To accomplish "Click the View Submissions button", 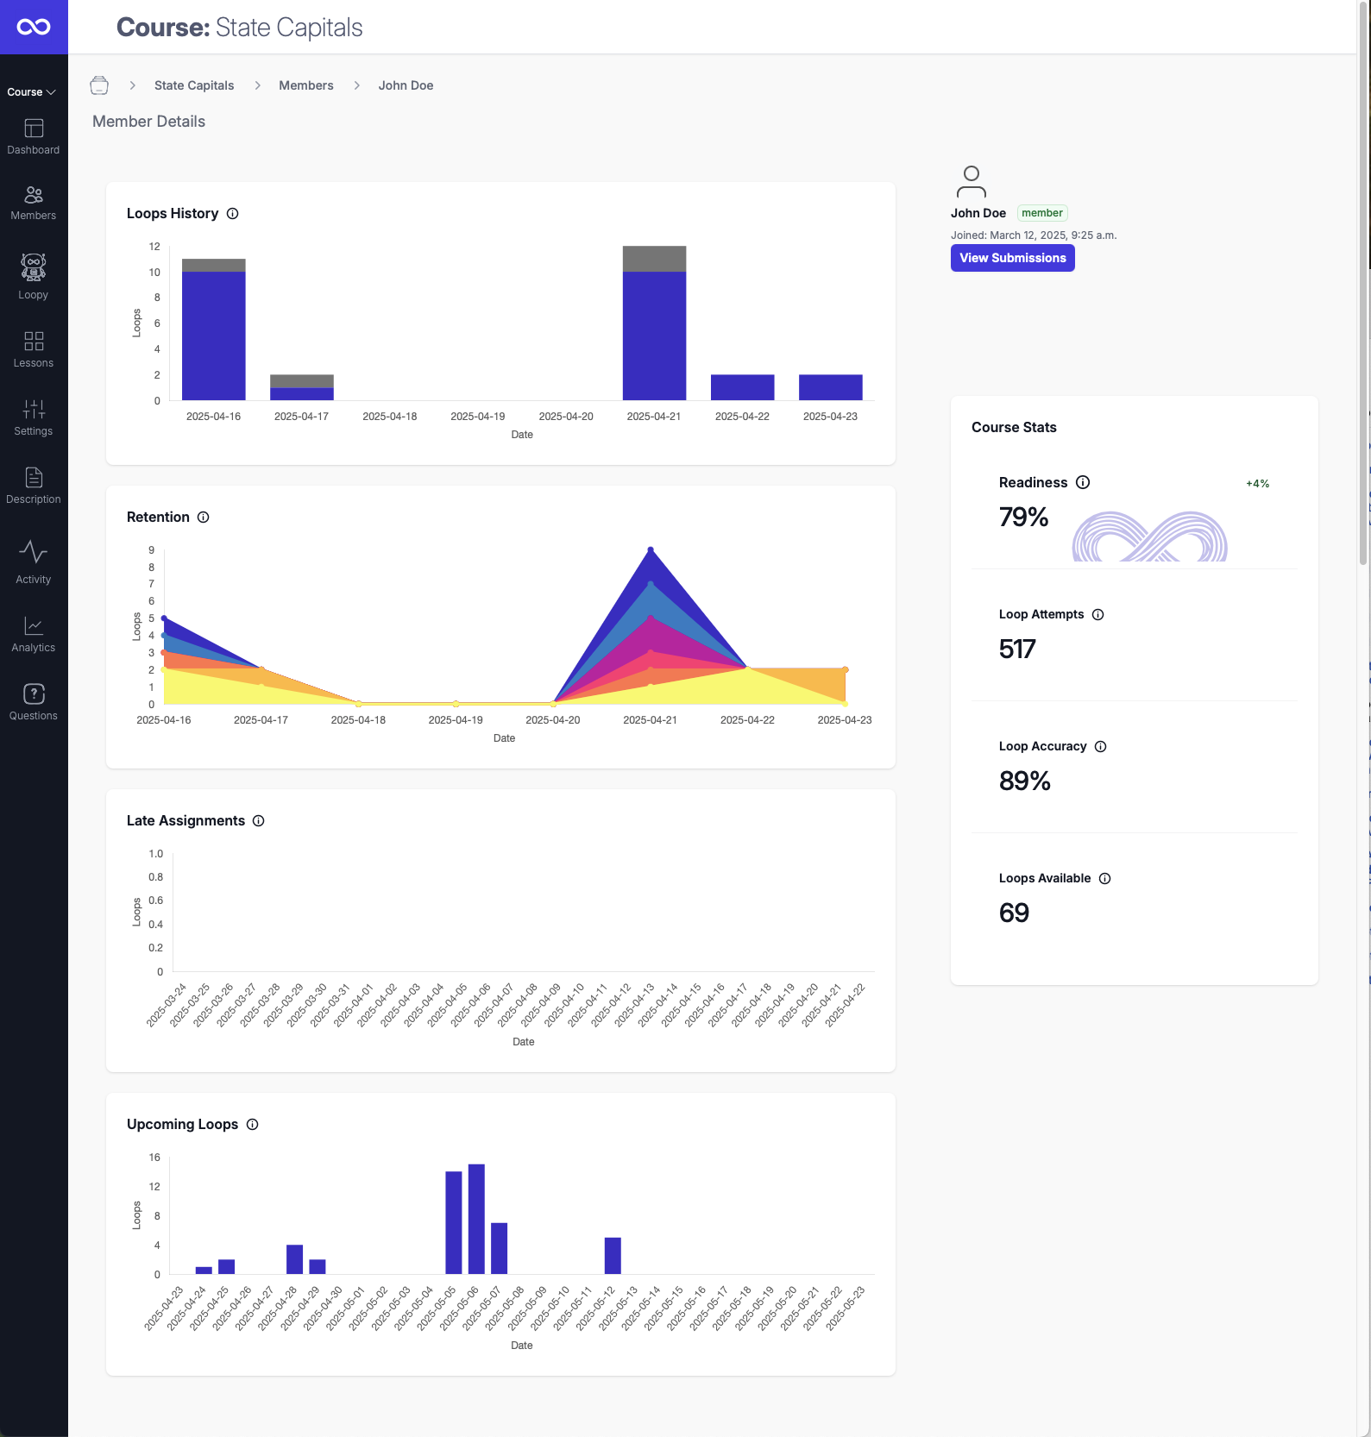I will click(1012, 258).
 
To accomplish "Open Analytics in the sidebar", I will click(34, 634).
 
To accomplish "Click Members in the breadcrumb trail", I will click(305, 85).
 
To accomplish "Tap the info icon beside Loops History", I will click(233, 214).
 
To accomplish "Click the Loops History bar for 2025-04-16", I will click(213, 336).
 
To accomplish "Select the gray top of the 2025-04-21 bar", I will click(654, 259).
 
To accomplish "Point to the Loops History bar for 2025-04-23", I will click(830, 387).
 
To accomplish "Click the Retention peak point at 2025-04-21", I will click(651, 549).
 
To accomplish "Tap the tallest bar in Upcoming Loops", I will click(476, 1219).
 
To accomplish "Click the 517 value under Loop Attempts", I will click(1017, 649).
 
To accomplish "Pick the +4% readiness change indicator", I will click(1257, 484).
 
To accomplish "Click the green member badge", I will click(1042, 213).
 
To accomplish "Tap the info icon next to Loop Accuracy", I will click(1101, 747).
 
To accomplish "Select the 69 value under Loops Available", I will click(1014, 913).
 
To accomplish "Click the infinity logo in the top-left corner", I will click(34, 27).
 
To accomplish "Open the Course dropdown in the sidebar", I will click(32, 92).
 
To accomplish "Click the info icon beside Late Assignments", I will click(259, 821).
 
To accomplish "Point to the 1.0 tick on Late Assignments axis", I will click(155, 854).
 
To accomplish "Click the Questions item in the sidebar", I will click(34, 702).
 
